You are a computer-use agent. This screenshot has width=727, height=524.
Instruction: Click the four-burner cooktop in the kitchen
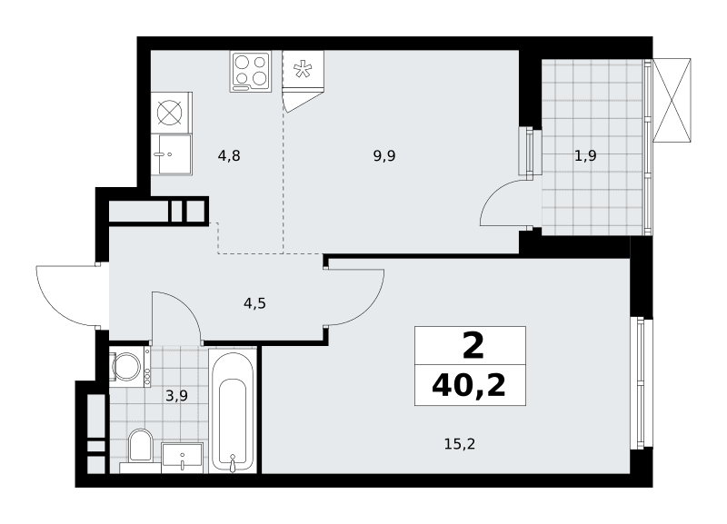coord(251,72)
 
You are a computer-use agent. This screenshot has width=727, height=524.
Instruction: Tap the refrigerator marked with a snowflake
coord(303,70)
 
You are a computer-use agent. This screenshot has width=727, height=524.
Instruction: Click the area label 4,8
coord(229,155)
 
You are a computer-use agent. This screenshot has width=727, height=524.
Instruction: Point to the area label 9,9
coord(384,155)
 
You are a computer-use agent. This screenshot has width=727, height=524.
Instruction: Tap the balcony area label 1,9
coord(585,155)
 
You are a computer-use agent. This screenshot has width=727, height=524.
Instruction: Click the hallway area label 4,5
coord(255,303)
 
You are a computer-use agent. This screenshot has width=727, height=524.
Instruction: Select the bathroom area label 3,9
coord(176,396)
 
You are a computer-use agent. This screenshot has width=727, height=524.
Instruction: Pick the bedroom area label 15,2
coord(460,444)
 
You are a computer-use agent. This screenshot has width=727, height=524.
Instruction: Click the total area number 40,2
coord(469,385)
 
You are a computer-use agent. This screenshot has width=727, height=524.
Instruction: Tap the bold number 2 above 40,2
coord(473,346)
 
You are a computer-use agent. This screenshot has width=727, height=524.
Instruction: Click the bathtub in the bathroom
coord(233,410)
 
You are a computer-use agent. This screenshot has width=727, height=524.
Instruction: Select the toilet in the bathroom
coord(141,446)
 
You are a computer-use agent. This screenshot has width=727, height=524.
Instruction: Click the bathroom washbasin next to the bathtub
coord(183,458)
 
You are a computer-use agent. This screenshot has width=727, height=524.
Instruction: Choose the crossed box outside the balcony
coord(672,100)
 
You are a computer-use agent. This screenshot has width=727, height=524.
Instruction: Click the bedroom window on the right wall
coord(642,383)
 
